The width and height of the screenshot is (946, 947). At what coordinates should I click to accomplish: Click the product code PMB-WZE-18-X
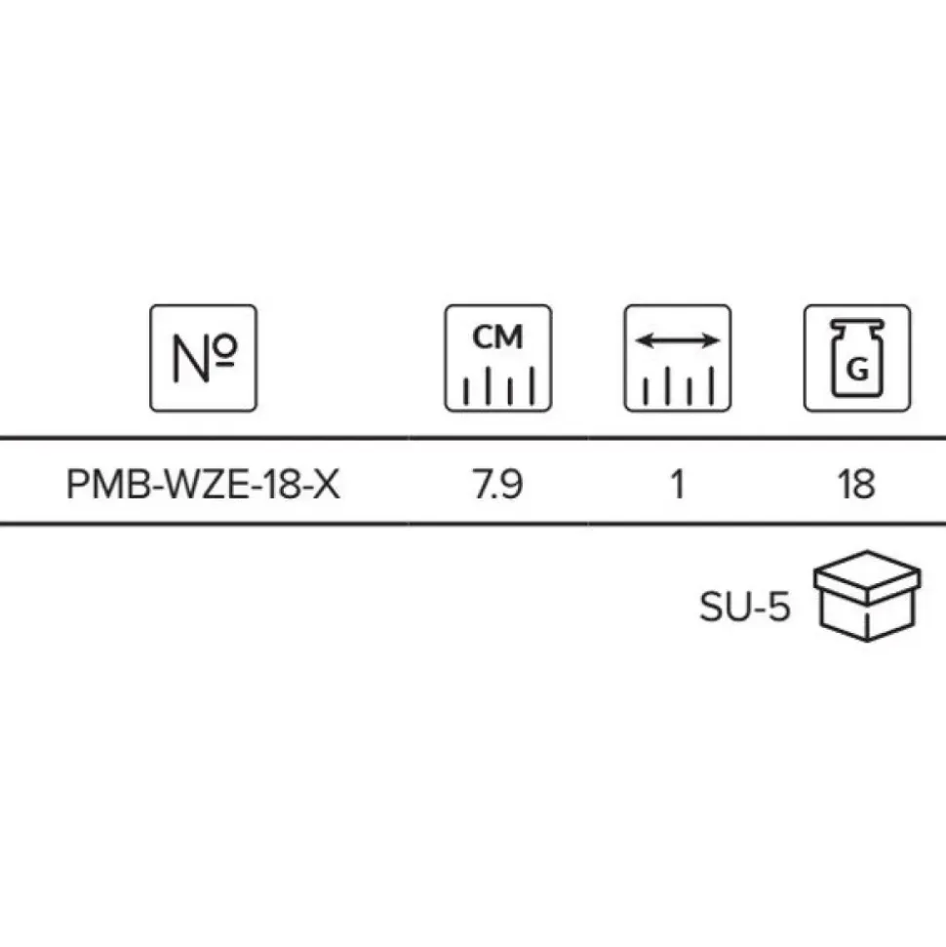coord(203,485)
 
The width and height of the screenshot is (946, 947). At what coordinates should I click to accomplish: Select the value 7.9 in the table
coord(497,485)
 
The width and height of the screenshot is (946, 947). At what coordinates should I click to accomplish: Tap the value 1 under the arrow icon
coord(678,485)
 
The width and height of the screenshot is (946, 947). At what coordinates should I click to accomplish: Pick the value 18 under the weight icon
coord(856,485)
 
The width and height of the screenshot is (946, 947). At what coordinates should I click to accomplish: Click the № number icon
coord(204,358)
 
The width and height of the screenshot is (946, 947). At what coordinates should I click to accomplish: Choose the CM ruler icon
coord(498,358)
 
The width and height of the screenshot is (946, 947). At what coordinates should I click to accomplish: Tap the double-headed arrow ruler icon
coord(678,358)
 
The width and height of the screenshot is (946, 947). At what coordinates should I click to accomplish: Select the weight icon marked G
coord(857,358)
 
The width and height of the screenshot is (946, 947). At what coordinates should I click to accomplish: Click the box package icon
coord(867,596)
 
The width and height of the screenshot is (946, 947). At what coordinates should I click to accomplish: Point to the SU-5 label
coord(745,607)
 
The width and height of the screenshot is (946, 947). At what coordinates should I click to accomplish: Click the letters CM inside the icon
coord(497,337)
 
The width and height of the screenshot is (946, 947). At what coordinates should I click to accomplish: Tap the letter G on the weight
coord(858,369)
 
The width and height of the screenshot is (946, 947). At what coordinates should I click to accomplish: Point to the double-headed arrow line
coord(678,340)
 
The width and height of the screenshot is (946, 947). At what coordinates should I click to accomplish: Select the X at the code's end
coord(326,485)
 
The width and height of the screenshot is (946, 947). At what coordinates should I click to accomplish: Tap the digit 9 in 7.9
coord(511,485)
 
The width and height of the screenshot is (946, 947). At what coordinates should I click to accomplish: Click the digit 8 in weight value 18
coord(864,485)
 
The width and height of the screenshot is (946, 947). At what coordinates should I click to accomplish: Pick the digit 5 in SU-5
coord(778,607)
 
